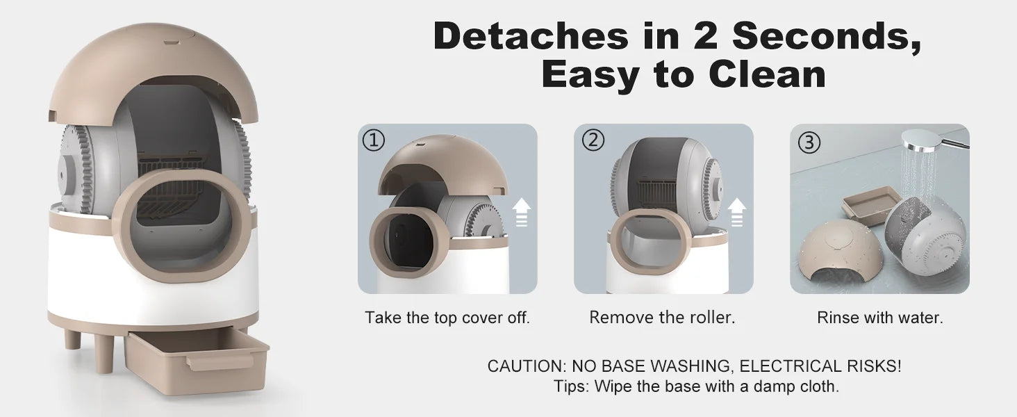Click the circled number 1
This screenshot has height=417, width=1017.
pos(374,140)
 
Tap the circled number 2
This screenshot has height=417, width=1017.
pos(593,140)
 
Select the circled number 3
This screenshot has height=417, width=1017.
pos(809,142)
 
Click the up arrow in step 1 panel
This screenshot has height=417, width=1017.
pos(522,212)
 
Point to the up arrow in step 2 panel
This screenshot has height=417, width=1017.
pos(737,212)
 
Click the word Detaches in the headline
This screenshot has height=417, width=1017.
pos(531,35)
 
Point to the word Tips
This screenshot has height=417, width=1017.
pos(571,386)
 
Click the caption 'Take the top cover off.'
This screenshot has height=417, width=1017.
pos(447,318)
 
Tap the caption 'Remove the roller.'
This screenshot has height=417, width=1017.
pos(662,318)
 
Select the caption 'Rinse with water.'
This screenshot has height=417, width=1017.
pos(880,318)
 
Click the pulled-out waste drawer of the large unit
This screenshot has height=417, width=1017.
pos(196,361)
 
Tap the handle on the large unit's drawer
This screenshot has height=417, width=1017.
pos(220,362)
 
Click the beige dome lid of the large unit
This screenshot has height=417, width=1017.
pos(153,73)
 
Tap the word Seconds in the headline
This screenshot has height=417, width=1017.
pos(827,35)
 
